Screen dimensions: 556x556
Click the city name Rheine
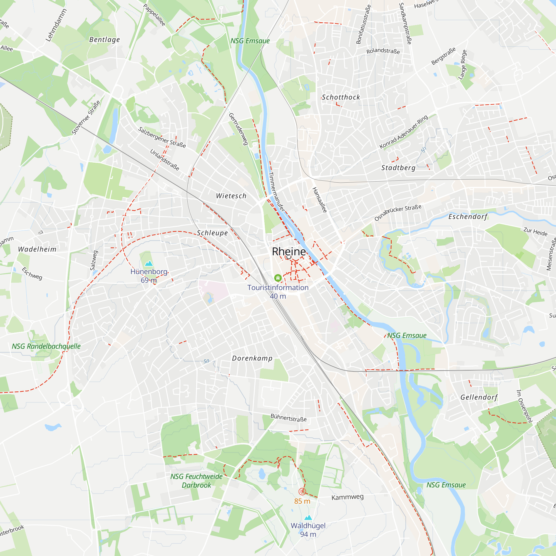click(x=289, y=252)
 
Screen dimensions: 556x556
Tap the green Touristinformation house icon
click(x=278, y=278)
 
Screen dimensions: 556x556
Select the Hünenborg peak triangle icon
click(x=149, y=263)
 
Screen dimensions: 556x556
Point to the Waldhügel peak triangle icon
click(x=308, y=518)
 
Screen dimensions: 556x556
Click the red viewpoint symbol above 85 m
click(x=302, y=492)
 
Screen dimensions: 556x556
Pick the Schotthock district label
click(x=341, y=97)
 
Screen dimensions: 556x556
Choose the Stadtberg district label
click(x=398, y=168)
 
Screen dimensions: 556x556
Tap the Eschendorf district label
click(x=468, y=217)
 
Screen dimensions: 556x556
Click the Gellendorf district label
click(x=479, y=398)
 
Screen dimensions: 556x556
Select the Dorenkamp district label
click(x=252, y=358)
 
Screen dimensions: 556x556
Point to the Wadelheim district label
click(x=37, y=249)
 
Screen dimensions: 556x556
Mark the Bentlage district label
click(x=105, y=40)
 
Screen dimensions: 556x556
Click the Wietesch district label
click(x=231, y=196)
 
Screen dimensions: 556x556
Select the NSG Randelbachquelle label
click(x=46, y=346)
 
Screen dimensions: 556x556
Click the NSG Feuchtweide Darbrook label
click(x=196, y=481)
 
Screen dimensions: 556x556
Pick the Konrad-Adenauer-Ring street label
click(x=403, y=132)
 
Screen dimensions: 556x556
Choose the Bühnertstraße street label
click(x=288, y=418)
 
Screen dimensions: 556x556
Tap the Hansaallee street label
click(x=320, y=200)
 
